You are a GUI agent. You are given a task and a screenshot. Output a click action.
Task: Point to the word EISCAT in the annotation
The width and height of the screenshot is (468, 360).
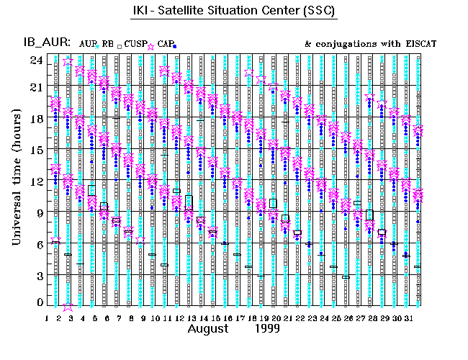click(419, 44)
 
